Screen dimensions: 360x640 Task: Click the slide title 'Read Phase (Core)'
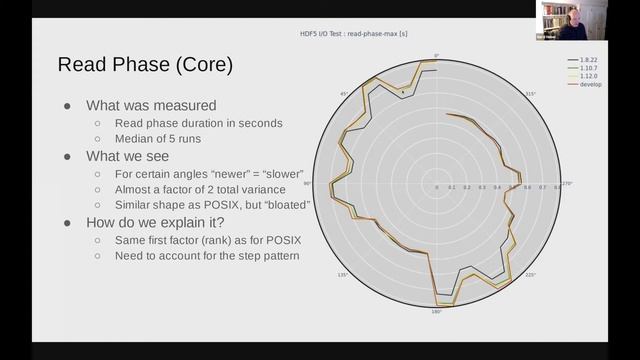tap(145, 66)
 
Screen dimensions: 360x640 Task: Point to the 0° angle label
tap(436, 55)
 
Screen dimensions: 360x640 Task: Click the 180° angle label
tap(436, 312)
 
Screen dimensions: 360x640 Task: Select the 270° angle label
tap(567, 184)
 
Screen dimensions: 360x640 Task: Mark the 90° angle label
tap(309, 184)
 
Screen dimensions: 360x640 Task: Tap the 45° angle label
tap(344, 94)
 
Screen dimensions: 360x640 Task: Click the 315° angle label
tap(531, 94)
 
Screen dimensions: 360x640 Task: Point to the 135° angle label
tap(343, 275)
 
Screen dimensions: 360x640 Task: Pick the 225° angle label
tap(530, 275)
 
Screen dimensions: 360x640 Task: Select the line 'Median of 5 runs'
tap(164, 140)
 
